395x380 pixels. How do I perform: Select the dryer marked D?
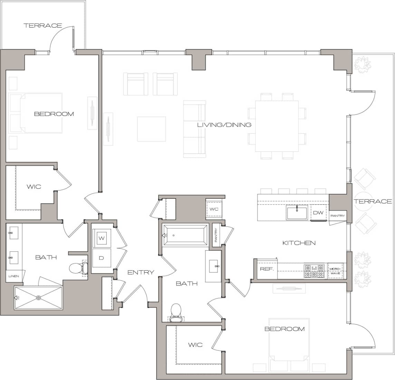(102, 258)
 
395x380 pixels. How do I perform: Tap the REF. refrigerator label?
(267, 269)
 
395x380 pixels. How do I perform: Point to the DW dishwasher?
(318, 213)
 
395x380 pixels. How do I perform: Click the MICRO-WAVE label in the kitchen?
(335, 271)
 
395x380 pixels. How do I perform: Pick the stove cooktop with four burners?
(314, 271)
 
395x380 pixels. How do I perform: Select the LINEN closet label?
(14, 276)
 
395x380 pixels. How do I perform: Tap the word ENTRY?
(141, 272)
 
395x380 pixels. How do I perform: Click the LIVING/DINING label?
(224, 125)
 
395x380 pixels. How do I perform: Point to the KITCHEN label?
(299, 243)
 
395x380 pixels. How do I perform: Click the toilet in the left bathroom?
(76, 268)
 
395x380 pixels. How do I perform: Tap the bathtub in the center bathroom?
(185, 235)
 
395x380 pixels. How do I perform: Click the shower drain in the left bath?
(39, 298)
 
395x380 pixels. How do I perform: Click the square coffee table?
(151, 129)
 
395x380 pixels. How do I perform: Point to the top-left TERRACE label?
(43, 26)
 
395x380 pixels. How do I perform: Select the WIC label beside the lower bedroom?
(195, 345)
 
